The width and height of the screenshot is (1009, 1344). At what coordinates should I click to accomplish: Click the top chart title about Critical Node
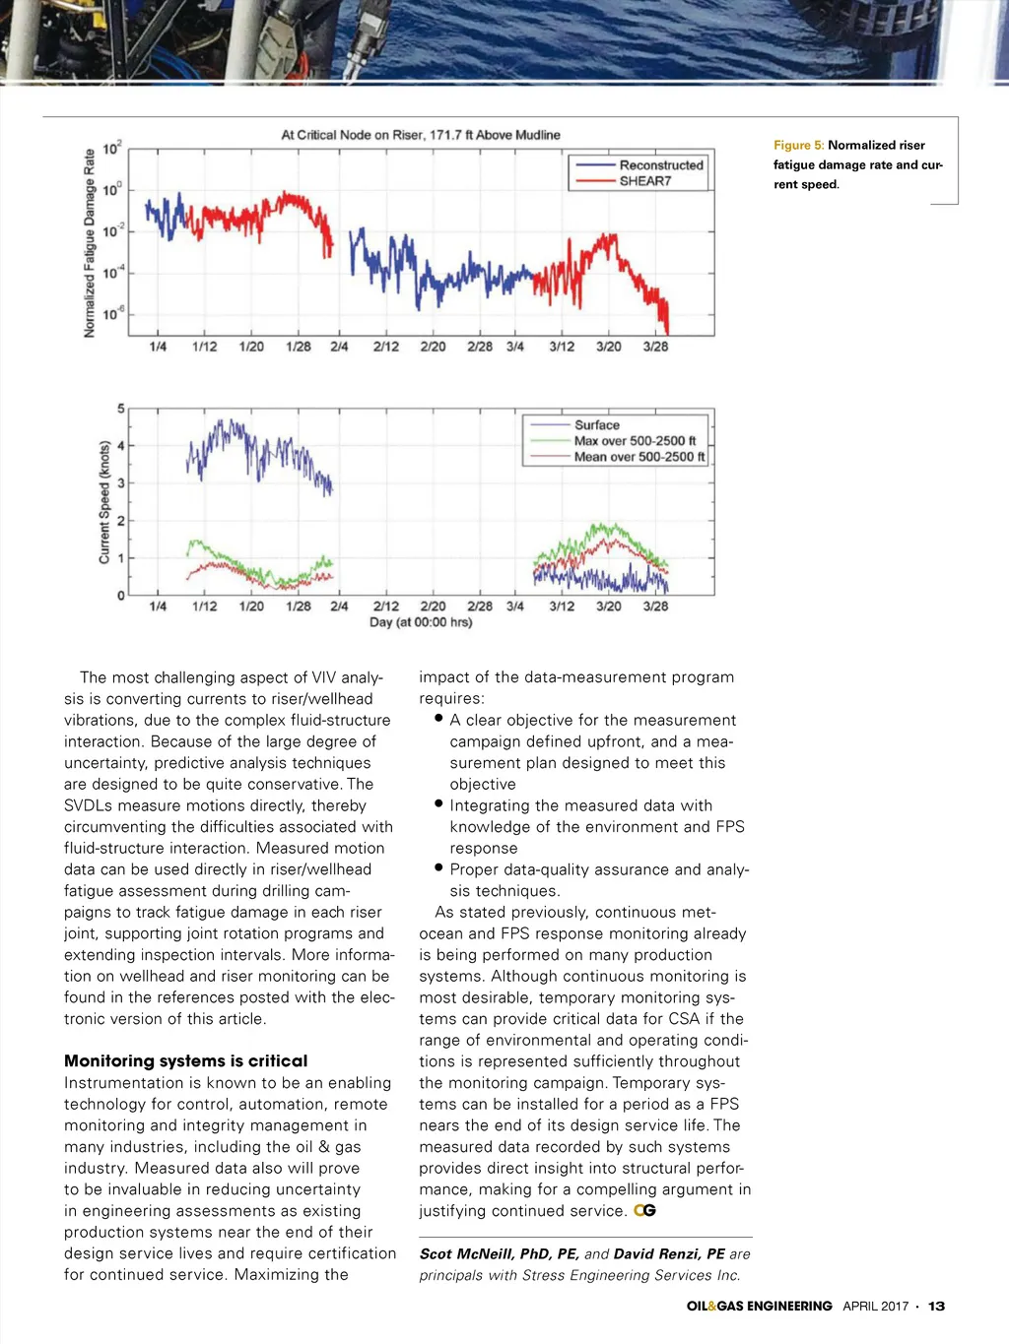point(421,135)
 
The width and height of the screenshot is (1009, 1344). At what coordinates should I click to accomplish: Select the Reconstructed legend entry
point(660,165)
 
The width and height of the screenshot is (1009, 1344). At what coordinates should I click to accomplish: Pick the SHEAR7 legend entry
point(644,181)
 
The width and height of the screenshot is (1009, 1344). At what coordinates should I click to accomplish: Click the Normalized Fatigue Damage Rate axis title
point(90,243)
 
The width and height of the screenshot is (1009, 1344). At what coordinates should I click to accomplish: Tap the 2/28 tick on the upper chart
point(480,347)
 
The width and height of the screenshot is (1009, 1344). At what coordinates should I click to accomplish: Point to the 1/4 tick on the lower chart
point(158,607)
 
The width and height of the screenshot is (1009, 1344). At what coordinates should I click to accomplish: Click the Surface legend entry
point(597,425)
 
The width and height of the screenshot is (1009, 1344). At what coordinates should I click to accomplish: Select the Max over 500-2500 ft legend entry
point(635,441)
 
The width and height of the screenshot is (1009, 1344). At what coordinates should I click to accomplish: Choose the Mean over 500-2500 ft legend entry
point(639,457)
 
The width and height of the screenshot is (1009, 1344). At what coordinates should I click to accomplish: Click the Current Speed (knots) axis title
point(104,502)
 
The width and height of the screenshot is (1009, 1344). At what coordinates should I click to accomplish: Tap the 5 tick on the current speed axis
point(121,409)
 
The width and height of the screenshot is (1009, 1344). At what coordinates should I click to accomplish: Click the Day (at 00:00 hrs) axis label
point(421,622)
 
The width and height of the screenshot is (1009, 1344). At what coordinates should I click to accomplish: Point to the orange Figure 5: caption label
point(798,145)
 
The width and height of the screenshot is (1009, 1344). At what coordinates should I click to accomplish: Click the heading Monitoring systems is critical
point(185,1060)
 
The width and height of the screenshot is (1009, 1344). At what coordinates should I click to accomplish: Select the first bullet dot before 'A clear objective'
point(438,719)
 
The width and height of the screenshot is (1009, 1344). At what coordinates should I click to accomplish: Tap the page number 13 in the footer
point(936,1307)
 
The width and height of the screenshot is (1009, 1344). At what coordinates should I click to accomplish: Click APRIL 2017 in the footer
point(875,1307)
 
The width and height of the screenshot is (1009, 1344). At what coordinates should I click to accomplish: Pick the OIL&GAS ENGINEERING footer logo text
point(759,1307)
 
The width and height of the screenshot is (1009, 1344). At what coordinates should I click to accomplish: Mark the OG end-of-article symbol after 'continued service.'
point(644,1211)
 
